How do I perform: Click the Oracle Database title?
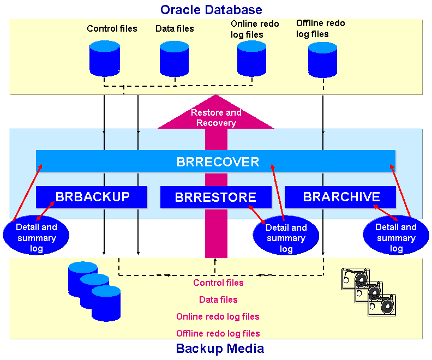click(211, 9)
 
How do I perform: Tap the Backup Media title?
click(220, 349)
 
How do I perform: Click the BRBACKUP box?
click(92, 197)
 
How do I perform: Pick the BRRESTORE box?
click(215, 197)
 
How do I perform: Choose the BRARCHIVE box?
click(341, 197)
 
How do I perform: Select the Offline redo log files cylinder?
click(323, 59)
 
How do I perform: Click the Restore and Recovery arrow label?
click(216, 118)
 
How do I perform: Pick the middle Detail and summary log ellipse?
click(286, 238)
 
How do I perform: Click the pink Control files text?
click(218, 283)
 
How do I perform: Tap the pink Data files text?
click(218, 299)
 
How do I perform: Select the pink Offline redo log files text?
click(218, 333)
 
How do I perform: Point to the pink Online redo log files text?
click(218, 316)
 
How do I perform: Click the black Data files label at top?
click(175, 28)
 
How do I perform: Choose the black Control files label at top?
click(112, 28)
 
